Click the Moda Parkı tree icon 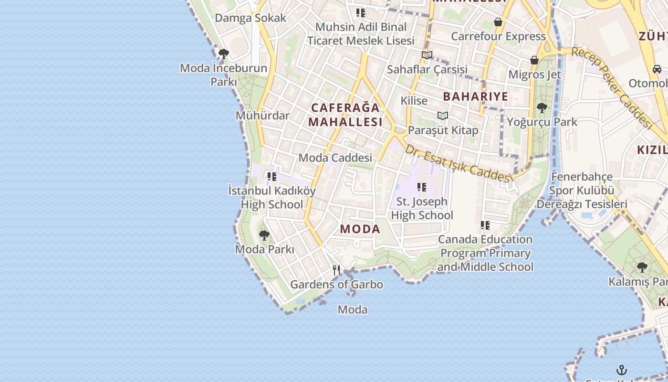point(264,235)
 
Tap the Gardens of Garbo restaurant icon point(336,270)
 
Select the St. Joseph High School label point(422,208)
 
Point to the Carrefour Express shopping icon point(498,22)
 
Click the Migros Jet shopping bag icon point(534,60)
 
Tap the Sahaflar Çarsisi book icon point(427,55)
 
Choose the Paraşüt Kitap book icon point(443,116)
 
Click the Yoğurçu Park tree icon point(542,108)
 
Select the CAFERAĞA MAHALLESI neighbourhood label point(345,115)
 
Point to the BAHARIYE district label point(475,96)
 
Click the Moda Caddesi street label point(335,158)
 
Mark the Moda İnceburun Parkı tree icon point(223,53)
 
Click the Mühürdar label point(262,116)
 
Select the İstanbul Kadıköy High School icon point(272,177)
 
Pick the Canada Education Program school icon point(485,225)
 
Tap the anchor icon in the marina point(621,370)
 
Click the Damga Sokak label point(250,18)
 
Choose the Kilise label point(414,101)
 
